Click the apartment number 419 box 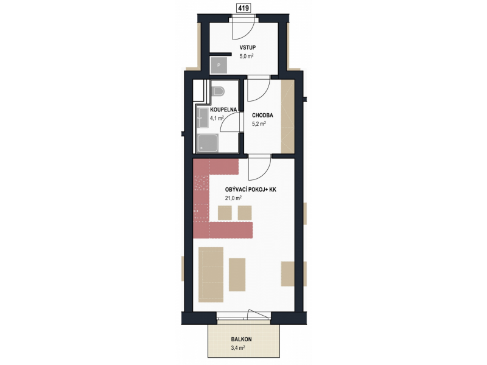(x=243, y=8)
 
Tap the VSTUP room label (x=248, y=47)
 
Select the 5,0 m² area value (x=247, y=56)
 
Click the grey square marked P (x=219, y=65)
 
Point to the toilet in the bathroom (x=219, y=91)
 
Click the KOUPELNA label (x=223, y=109)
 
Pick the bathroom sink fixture (x=203, y=117)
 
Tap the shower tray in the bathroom (x=208, y=143)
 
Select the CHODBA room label (x=262, y=115)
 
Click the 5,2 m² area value (x=259, y=124)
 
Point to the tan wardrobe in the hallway (x=287, y=116)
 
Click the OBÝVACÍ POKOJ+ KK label (x=251, y=189)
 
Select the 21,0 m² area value (x=233, y=198)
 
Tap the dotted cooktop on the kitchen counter (x=201, y=183)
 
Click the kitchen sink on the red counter (x=201, y=211)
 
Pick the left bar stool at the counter (x=225, y=213)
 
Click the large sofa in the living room (x=211, y=275)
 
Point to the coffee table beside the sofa (x=237, y=275)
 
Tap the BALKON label (x=241, y=339)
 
